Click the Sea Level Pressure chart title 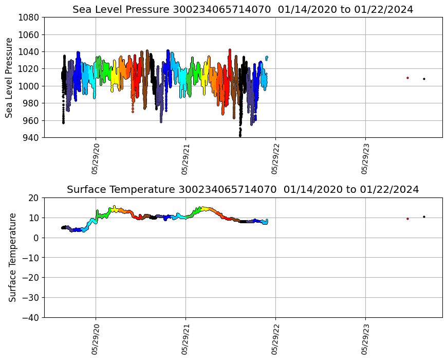[243, 9]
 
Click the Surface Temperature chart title [243, 189]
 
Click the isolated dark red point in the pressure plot [407, 78]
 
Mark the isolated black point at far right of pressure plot [424, 79]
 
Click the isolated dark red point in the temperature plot [407, 219]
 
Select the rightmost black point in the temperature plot [424, 217]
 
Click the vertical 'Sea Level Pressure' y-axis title [10, 77]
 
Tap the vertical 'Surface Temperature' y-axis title [12, 257]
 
